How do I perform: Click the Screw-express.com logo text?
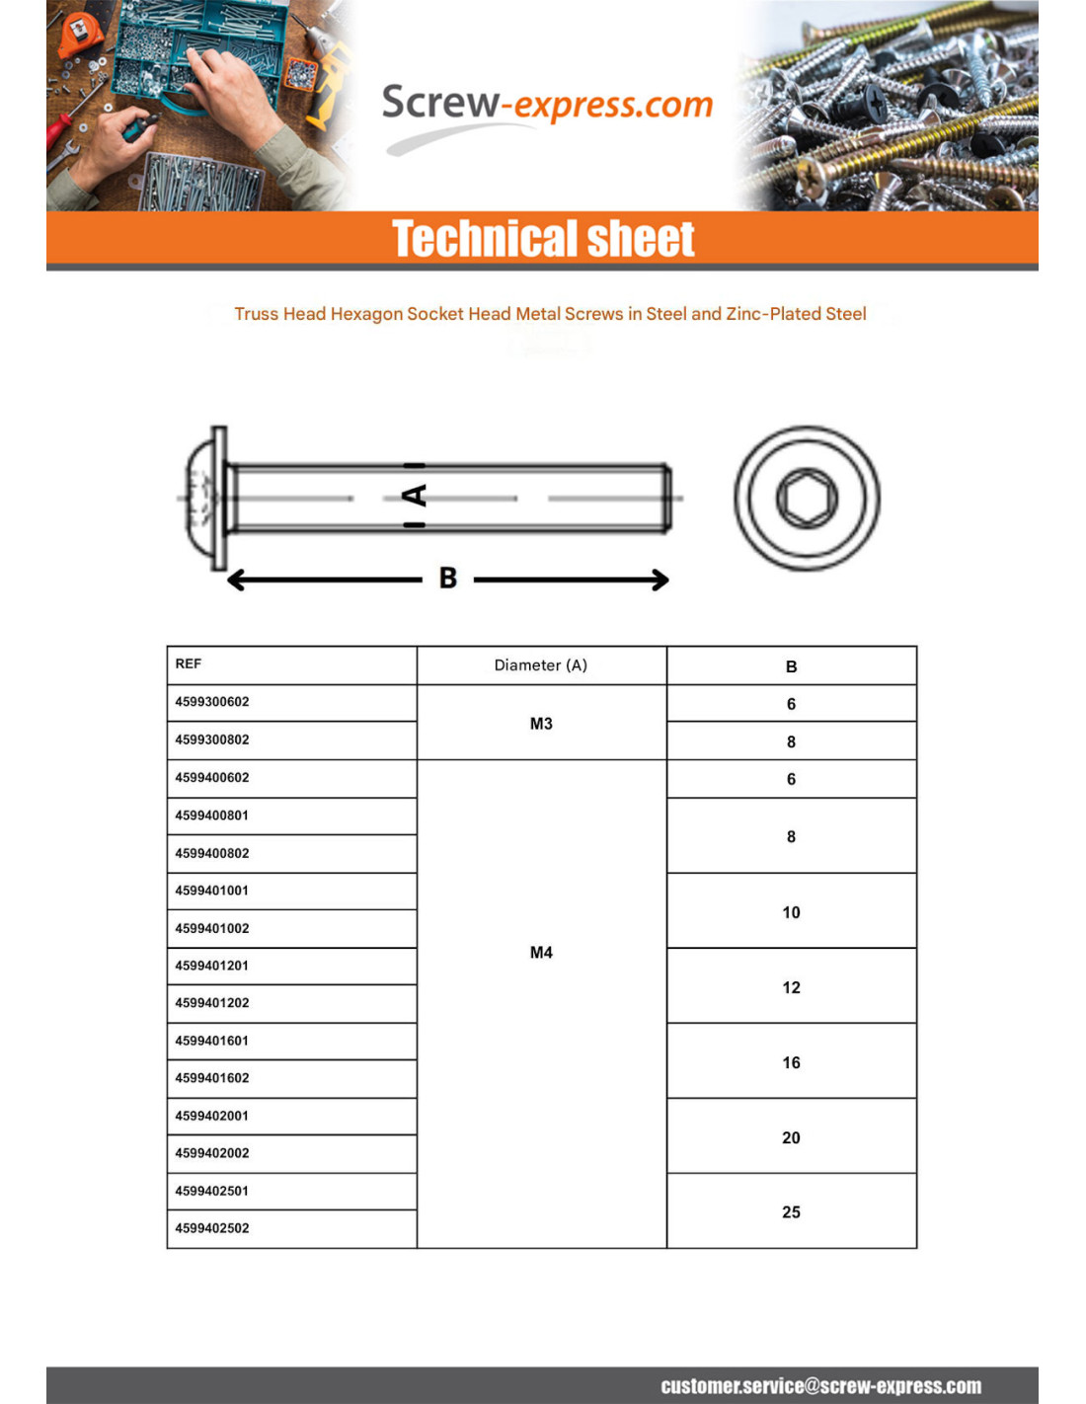point(546,104)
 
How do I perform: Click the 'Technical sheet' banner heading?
point(543,239)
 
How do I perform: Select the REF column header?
point(189,664)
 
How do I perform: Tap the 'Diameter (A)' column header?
point(541,665)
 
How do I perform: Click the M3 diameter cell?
point(541,724)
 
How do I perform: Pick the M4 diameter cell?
point(541,953)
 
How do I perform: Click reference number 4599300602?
point(212,702)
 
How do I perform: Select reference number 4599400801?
point(212,816)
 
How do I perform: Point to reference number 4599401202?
point(212,1003)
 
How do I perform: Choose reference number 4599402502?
point(212,1228)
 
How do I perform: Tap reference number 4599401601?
point(212,1041)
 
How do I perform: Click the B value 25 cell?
point(791,1212)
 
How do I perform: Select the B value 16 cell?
point(791,1062)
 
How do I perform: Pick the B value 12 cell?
point(791,987)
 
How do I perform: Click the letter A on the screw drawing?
point(416,496)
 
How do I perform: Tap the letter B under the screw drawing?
point(448,579)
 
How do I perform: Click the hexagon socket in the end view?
point(807,499)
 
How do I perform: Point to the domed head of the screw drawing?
point(202,499)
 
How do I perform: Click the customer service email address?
point(820,1386)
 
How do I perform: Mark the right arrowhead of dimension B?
point(659,581)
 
